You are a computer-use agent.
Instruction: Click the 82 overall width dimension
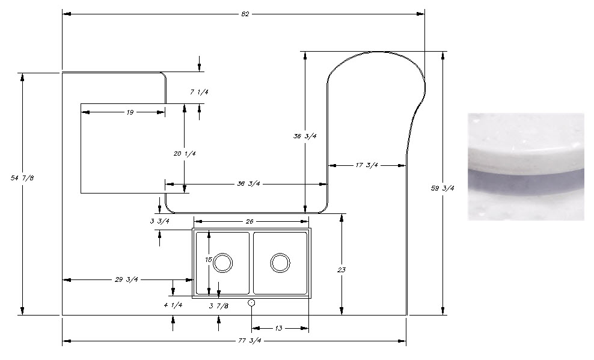(243, 13)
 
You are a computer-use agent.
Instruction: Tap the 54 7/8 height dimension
(22, 178)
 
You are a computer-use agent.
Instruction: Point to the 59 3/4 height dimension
(444, 188)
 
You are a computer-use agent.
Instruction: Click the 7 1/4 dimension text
(199, 93)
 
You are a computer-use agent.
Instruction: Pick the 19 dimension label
(129, 112)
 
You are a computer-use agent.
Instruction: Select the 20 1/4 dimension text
(185, 154)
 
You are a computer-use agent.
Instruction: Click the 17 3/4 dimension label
(367, 165)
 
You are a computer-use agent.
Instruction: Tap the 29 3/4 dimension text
(127, 279)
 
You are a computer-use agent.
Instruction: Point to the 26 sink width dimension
(249, 222)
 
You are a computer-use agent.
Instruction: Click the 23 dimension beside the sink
(341, 270)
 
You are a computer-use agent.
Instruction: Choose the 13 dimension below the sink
(278, 329)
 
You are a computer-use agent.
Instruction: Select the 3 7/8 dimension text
(219, 307)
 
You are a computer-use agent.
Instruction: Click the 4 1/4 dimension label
(173, 305)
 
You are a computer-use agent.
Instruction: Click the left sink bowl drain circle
(222, 263)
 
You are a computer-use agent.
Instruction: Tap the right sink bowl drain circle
(280, 263)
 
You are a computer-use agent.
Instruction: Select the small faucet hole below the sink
(252, 303)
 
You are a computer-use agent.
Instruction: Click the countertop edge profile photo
(525, 166)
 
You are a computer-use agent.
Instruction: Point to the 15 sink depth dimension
(209, 260)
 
